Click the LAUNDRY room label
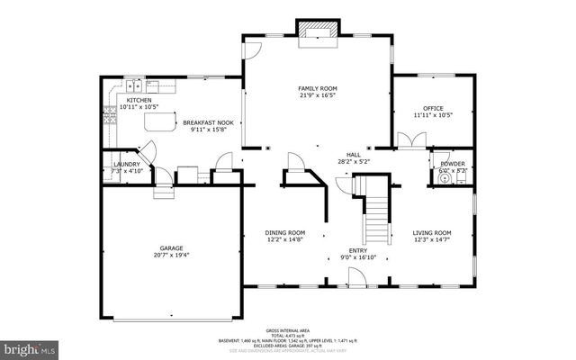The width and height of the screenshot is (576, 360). click(127, 164)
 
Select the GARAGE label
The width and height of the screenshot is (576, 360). click(172, 247)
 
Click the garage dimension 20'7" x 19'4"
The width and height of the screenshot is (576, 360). click(172, 255)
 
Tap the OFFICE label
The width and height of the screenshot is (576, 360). click(433, 108)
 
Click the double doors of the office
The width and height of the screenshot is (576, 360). click(409, 140)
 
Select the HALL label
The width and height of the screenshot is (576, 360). click(354, 154)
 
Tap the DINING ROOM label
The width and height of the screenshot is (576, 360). click(283, 232)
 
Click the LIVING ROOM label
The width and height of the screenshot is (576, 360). click(432, 232)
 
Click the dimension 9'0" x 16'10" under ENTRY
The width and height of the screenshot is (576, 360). click(359, 258)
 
